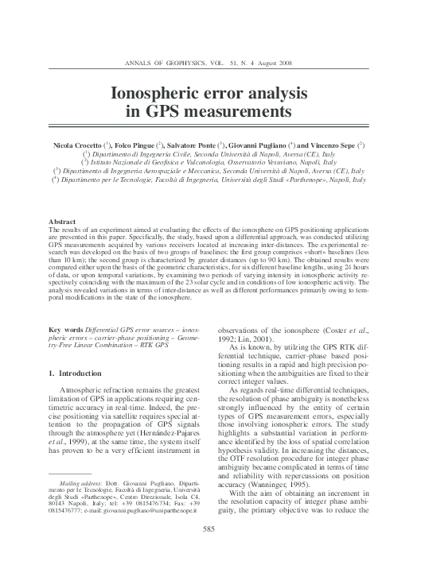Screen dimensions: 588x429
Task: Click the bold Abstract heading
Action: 63,221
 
